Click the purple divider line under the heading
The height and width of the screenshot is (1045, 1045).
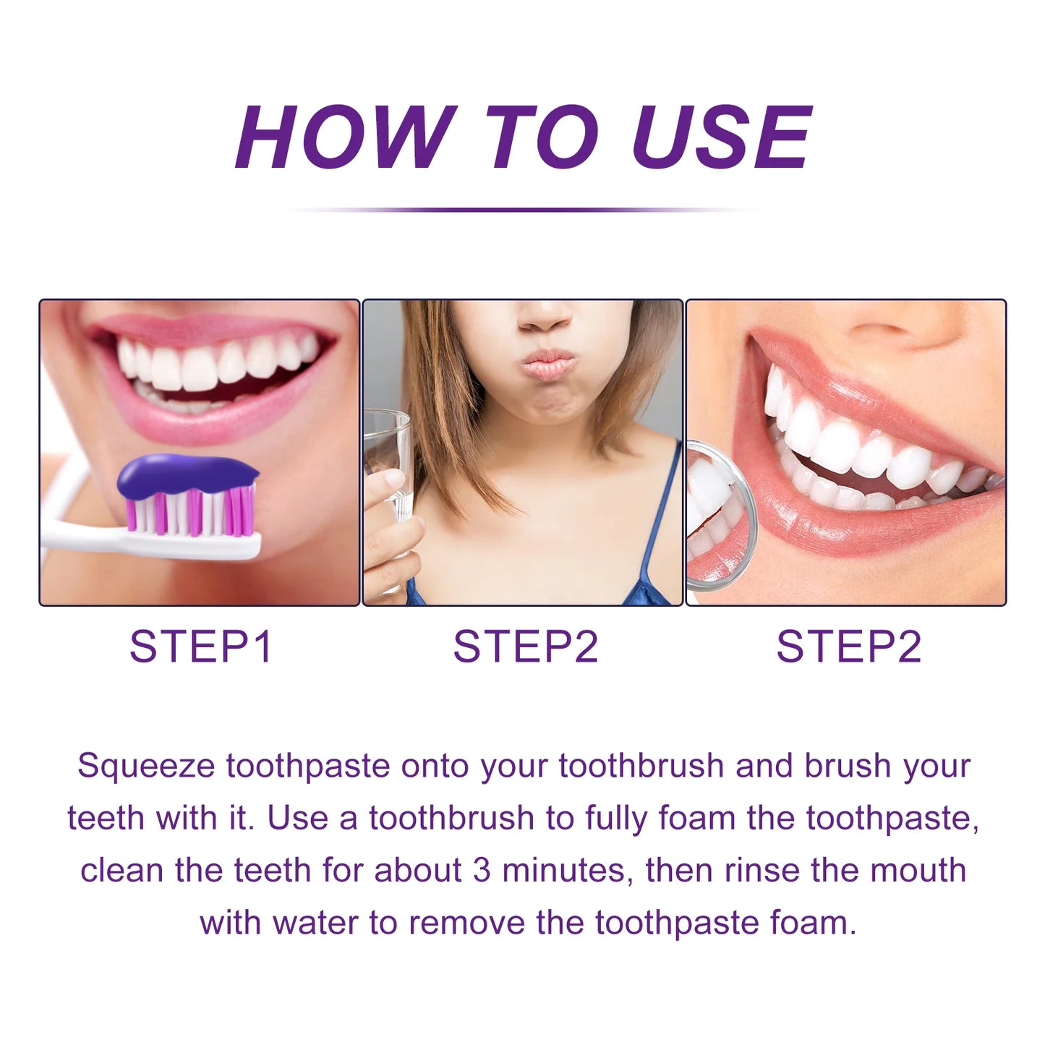click(523, 209)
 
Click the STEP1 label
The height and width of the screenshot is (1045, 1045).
click(200, 647)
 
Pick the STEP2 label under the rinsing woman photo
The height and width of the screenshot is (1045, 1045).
click(525, 647)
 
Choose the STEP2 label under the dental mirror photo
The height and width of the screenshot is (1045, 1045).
click(849, 647)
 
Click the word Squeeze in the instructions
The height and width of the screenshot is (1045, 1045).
click(146, 767)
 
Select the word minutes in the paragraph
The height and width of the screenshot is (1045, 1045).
click(567, 871)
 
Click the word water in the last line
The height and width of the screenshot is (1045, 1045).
click(315, 923)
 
